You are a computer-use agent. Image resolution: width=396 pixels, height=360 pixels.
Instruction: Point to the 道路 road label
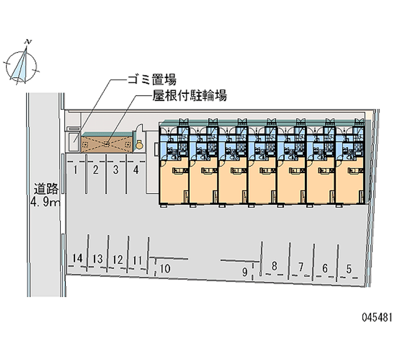pyautogui.click(x=46, y=188)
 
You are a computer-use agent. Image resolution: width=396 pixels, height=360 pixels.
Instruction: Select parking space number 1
pyautogui.click(x=75, y=171)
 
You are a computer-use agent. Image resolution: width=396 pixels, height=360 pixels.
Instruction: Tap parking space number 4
pyautogui.click(x=136, y=171)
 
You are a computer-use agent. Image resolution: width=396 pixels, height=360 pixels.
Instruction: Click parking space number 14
pyautogui.click(x=76, y=258)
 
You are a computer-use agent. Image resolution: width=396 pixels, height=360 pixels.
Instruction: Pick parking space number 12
pyautogui.click(x=117, y=259)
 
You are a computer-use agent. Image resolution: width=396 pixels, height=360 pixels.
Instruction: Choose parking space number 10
pyautogui.click(x=165, y=268)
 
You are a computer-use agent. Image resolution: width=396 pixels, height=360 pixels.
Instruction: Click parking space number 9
pyautogui.click(x=245, y=271)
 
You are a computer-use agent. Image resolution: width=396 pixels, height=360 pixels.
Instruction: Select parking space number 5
pyautogui.click(x=348, y=269)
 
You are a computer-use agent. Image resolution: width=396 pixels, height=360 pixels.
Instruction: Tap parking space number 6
pyautogui.click(x=325, y=268)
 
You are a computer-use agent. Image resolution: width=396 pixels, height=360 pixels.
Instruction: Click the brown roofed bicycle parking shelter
pyautogui.click(x=107, y=144)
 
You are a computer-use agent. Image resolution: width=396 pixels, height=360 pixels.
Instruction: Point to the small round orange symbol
pyautogui.click(x=140, y=145)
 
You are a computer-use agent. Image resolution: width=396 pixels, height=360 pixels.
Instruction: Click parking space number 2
pyautogui.click(x=96, y=171)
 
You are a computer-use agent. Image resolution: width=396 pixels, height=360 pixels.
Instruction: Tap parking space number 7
pyautogui.click(x=300, y=266)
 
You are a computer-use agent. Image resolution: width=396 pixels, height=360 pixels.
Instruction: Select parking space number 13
pyautogui.click(x=97, y=258)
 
